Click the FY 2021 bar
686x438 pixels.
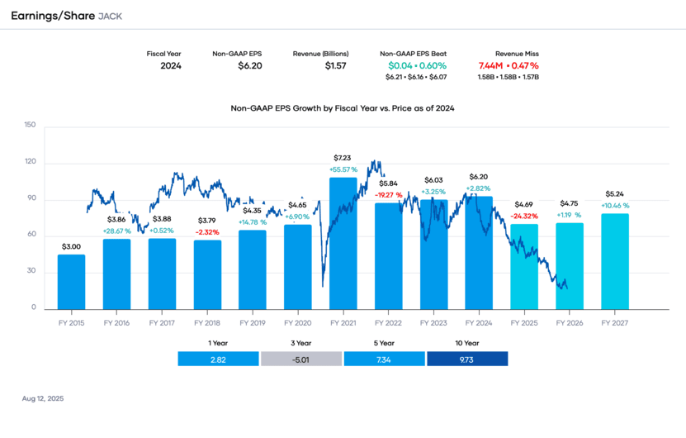[343, 244]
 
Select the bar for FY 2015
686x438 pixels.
[71, 282]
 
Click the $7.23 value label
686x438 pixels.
[343, 157]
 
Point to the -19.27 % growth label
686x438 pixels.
[388, 195]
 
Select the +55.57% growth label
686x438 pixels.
[343, 169]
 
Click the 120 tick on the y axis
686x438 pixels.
[30, 162]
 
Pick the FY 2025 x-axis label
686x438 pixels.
[524, 323]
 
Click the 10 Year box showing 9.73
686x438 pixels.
[467, 359]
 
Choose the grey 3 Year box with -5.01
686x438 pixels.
[301, 359]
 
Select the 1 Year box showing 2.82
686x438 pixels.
[219, 359]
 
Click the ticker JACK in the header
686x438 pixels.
[110, 17]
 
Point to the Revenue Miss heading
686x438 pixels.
[517, 53]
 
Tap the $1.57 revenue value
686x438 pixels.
[335, 65]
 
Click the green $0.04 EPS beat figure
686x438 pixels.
[400, 65]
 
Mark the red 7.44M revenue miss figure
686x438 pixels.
[492, 65]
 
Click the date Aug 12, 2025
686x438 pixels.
[43, 398]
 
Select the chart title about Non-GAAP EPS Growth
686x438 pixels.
[343, 107]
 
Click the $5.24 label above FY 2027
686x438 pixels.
[615, 194]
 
